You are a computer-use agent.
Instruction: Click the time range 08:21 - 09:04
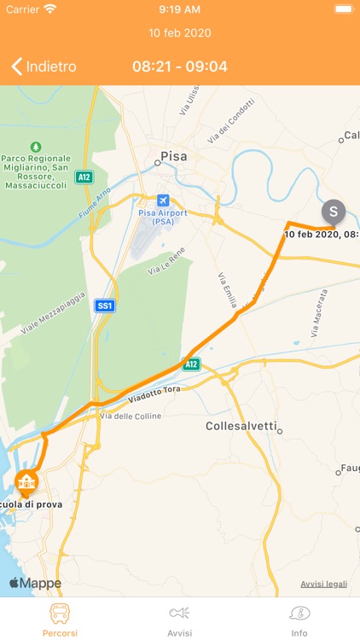(180, 67)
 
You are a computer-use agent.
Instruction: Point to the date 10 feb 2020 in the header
(180, 33)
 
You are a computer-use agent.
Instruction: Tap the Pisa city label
(172, 157)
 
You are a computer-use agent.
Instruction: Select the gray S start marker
(334, 211)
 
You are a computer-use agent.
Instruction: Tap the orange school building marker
(27, 482)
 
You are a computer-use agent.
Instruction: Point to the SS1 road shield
(104, 305)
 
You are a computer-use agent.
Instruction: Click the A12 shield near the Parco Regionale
(84, 177)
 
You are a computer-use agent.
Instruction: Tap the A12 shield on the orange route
(191, 364)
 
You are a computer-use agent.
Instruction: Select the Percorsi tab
(60, 620)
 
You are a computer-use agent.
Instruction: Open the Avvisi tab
(179, 620)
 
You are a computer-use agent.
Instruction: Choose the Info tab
(299, 620)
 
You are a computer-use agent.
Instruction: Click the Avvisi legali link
(323, 584)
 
